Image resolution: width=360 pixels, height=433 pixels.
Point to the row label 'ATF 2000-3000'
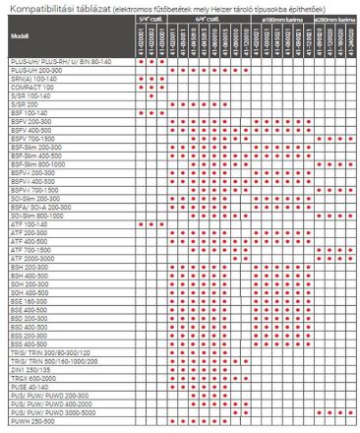pos(33,258)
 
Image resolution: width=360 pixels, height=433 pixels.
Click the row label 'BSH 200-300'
pos(30,267)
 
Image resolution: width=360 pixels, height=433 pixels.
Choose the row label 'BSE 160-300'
pos(30,301)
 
